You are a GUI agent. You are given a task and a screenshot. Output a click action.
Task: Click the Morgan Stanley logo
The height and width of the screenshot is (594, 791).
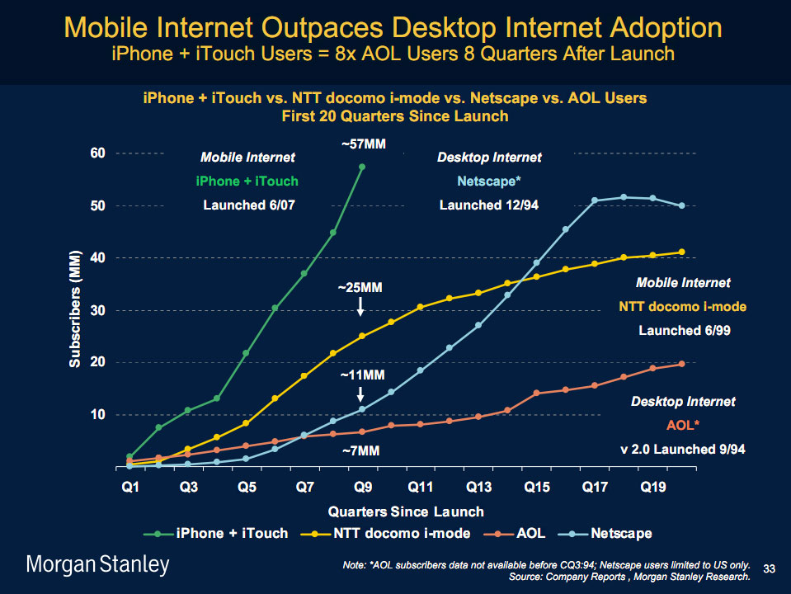(98, 565)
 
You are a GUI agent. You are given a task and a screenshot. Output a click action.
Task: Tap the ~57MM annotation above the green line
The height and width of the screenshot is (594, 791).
(363, 144)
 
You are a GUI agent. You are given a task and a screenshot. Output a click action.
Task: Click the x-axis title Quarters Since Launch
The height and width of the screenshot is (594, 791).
(406, 511)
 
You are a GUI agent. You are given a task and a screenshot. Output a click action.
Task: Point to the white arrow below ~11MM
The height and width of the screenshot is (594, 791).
(361, 394)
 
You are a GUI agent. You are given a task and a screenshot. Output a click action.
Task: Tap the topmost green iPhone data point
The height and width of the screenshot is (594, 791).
(362, 167)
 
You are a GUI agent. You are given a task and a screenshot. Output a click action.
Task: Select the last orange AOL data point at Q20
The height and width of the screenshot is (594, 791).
(682, 364)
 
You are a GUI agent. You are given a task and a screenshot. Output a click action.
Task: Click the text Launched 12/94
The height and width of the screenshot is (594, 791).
(489, 205)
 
